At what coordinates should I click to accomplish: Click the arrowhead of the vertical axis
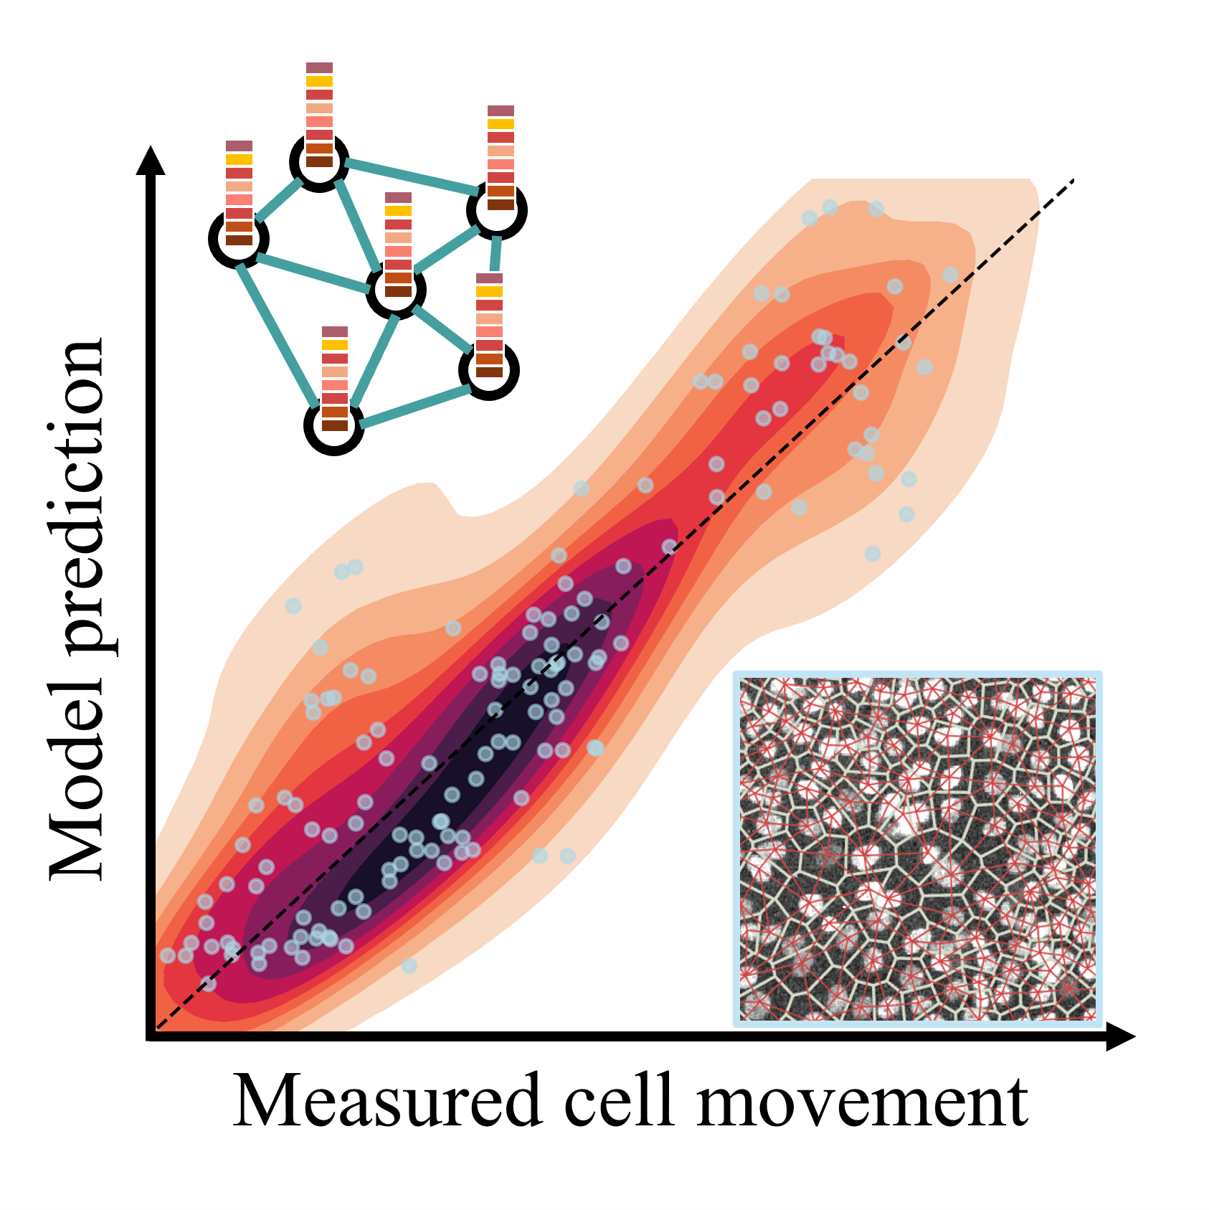(151, 159)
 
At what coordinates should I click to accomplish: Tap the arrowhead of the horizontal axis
(1121, 1036)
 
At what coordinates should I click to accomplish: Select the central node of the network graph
(396, 290)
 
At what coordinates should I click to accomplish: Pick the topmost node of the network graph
(319, 161)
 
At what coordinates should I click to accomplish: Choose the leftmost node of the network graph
(239, 239)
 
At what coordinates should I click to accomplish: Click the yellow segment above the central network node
(398, 211)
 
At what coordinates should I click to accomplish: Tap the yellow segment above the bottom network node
(335, 345)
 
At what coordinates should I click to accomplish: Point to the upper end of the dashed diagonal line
(1073, 179)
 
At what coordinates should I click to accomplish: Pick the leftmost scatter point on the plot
(167, 955)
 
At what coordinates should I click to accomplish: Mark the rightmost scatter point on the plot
(950, 275)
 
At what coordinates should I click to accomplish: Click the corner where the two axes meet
(151, 1036)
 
